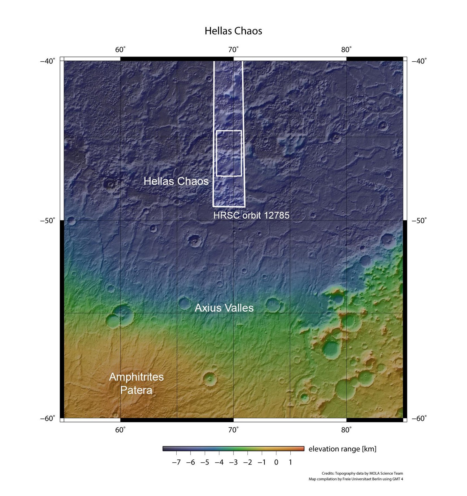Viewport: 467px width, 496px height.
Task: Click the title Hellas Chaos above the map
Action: pos(233,31)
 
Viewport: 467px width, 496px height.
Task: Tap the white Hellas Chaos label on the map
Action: pos(176,181)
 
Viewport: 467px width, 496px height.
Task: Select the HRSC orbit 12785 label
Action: pos(251,215)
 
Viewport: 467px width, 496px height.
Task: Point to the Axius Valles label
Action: pos(224,308)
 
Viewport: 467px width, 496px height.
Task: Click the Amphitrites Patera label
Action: pos(136,383)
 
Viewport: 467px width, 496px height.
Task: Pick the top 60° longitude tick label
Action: pos(120,50)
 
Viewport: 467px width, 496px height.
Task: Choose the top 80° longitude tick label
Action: pos(346,50)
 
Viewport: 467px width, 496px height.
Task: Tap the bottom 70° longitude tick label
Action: pos(233,430)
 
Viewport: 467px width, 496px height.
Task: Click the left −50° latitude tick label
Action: pos(48,220)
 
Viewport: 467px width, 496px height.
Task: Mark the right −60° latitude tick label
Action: pos(419,418)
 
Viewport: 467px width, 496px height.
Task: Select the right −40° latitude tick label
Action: pos(419,61)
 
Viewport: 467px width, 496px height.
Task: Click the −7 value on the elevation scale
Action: pos(176,462)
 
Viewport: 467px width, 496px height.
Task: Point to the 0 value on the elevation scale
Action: pos(276,462)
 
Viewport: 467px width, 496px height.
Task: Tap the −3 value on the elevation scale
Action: pos(233,462)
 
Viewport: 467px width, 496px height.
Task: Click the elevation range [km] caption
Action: pos(342,449)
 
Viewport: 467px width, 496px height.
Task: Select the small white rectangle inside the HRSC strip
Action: pos(229,153)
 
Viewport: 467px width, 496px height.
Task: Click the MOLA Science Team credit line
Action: pos(362,473)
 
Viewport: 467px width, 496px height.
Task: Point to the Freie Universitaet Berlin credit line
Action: pos(356,479)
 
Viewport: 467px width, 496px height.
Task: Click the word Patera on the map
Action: pos(136,390)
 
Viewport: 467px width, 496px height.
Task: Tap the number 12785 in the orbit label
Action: pos(276,215)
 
